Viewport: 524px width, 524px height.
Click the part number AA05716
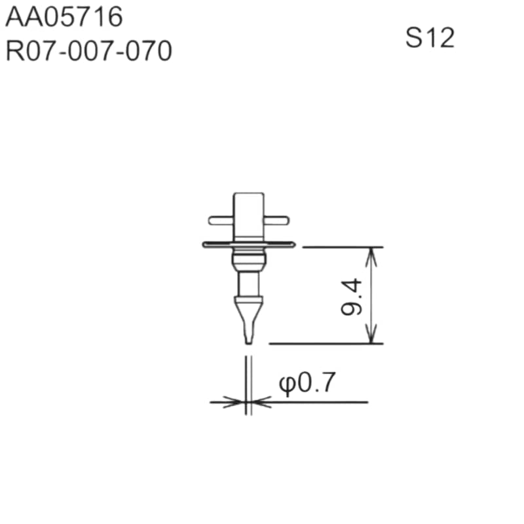(64, 18)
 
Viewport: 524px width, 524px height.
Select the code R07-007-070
(89, 51)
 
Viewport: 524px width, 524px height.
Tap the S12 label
(430, 38)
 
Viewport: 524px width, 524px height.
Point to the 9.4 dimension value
(352, 297)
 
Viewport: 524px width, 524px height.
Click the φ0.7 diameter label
(307, 383)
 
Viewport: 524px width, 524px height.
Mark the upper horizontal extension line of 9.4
(341, 247)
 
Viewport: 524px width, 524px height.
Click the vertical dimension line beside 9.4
(373, 295)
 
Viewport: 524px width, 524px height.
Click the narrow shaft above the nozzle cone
(249, 283)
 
